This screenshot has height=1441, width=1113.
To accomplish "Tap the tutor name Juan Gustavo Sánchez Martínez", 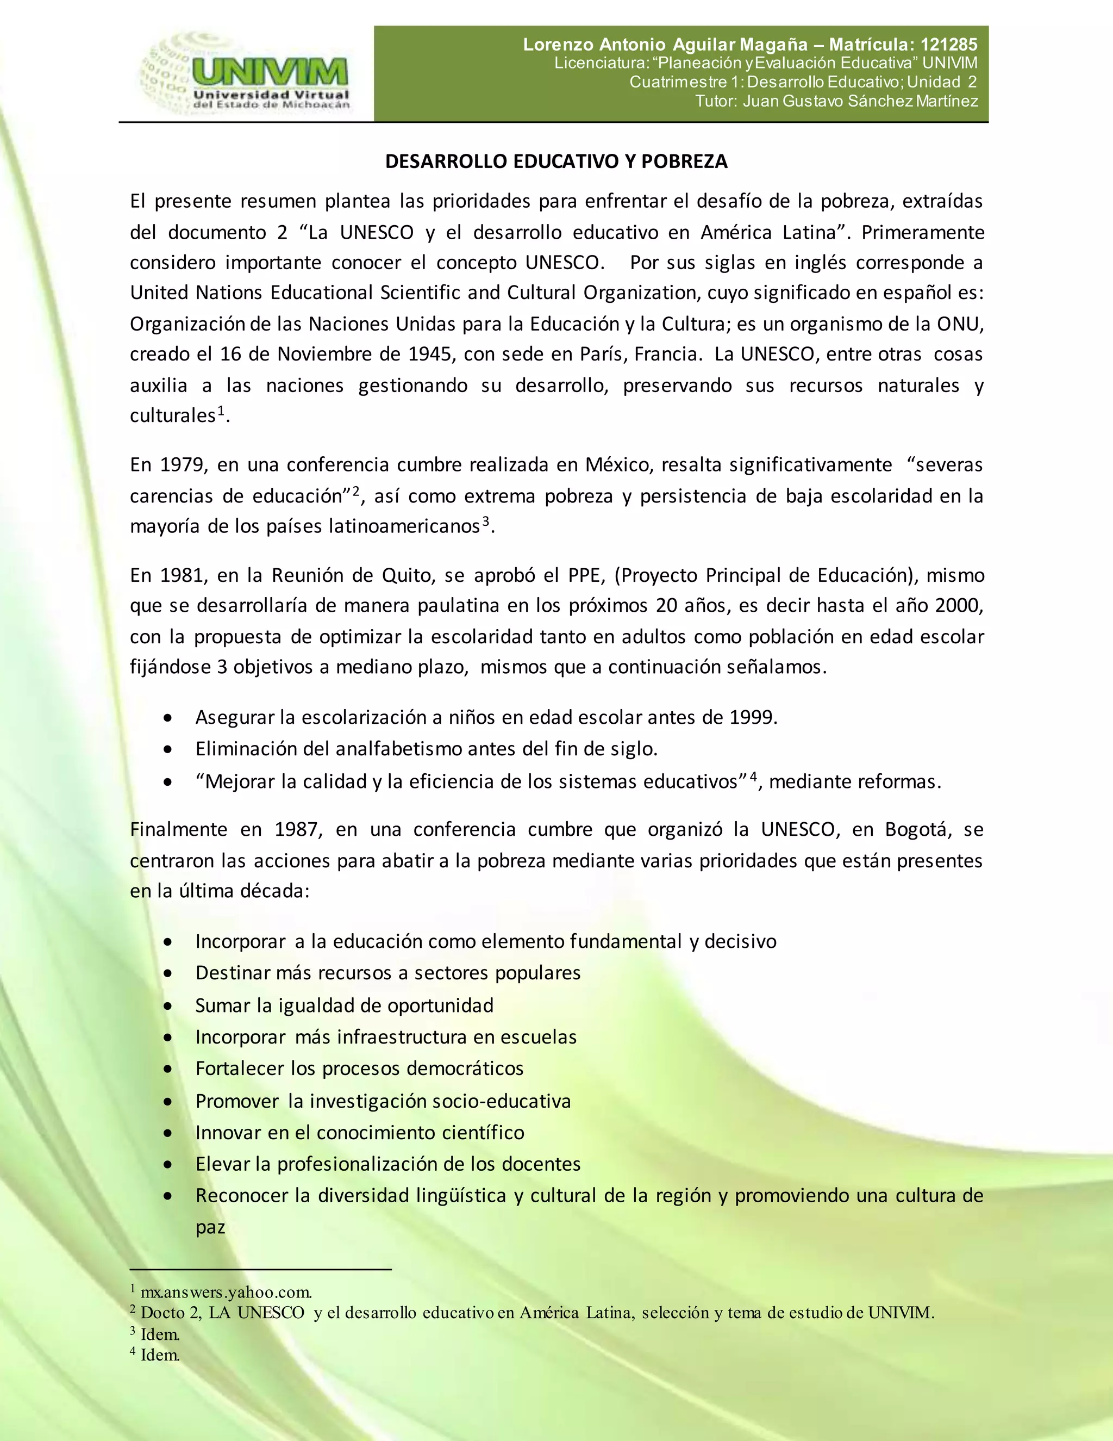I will point(860,101).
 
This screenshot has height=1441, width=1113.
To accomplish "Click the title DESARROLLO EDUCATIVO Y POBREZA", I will point(556,162).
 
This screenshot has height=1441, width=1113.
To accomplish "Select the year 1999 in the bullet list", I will point(752,717).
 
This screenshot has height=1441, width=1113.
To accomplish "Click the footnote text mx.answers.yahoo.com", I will point(226,1292).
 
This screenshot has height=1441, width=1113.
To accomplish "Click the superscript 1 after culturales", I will point(222,411).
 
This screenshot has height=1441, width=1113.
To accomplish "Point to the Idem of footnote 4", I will point(160,1355).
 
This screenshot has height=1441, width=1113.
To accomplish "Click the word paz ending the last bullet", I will point(210,1227).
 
